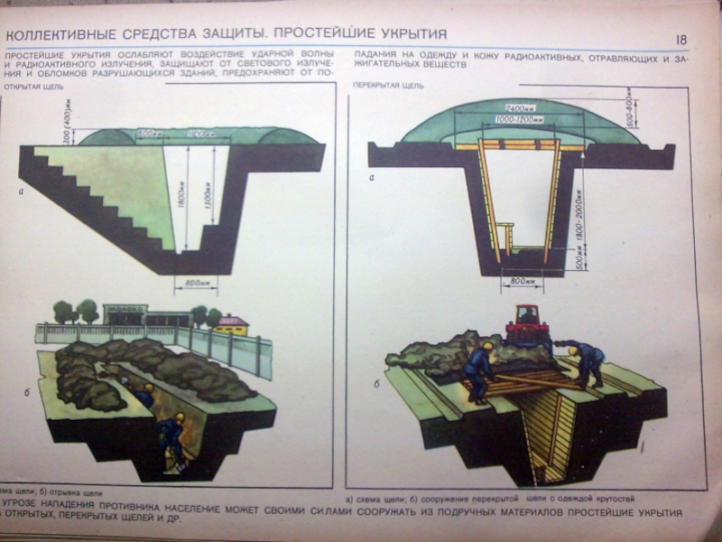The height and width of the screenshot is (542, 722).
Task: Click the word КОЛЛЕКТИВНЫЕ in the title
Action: click(x=57, y=35)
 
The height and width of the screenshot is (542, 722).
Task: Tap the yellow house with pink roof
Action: click(x=232, y=324)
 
